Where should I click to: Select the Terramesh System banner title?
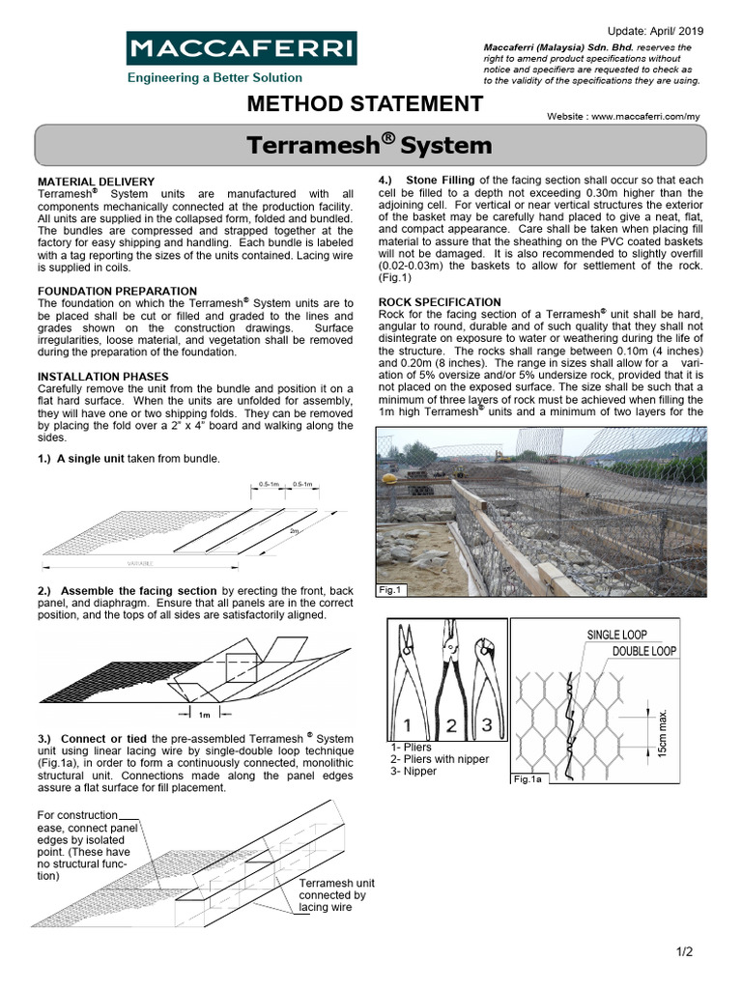(369, 146)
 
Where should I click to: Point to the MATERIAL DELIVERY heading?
(96, 182)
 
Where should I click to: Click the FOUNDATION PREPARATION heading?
(117, 291)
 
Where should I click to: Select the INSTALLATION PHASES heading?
(102, 377)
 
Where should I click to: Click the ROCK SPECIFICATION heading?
(440, 302)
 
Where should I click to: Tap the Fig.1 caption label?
(388, 589)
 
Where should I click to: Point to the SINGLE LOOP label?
(617, 635)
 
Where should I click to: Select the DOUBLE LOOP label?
(644, 651)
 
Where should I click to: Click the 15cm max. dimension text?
(664, 731)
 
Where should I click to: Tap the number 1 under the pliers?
(410, 723)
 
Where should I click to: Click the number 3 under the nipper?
(486, 723)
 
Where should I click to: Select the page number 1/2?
(686, 952)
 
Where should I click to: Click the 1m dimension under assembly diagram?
(204, 716)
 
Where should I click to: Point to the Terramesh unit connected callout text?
(336, 895)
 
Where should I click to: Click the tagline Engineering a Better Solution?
(214, 77)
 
